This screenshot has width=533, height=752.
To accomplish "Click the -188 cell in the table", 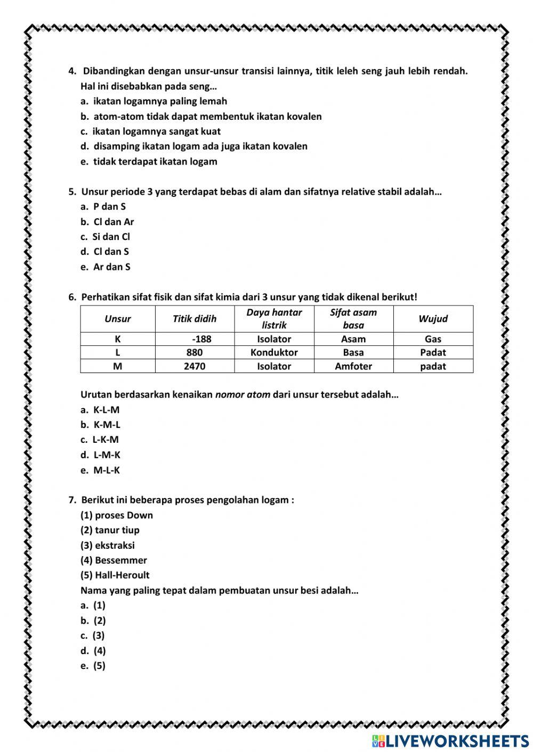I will click(201, 339).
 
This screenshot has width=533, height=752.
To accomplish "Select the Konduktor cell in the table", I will click(274, 352).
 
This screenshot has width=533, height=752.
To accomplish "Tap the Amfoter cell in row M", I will click(353, 366).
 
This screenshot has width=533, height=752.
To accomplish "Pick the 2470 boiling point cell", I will click(195, 366).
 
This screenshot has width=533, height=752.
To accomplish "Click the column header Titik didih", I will click(195, 319).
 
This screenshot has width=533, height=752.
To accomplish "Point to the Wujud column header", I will click(433, 319).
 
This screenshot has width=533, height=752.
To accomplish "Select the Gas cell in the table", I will click(433, 339).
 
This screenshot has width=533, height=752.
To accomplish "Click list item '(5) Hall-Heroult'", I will click(115, 575).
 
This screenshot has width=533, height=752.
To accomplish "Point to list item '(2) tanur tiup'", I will click(110, 530).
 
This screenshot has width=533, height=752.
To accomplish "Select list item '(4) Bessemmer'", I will click(114, 560).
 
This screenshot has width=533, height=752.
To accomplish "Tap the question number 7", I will click(72, 500).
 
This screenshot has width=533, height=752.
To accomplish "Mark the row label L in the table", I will click(118, 352).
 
